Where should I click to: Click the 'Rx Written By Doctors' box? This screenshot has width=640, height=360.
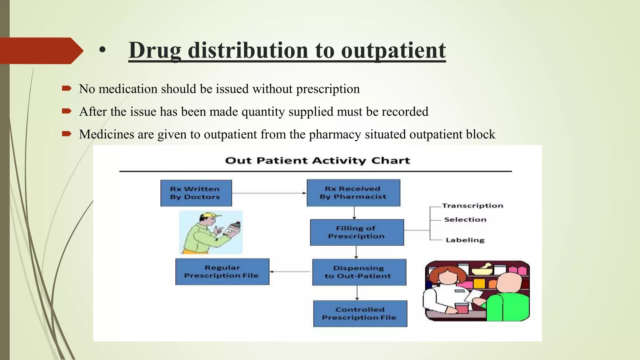196,193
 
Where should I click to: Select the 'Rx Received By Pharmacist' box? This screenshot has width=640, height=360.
353,192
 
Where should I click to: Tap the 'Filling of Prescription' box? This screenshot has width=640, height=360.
357,232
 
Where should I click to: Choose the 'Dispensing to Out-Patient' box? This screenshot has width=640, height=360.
359,272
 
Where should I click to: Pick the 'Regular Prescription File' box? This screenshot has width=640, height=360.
222,271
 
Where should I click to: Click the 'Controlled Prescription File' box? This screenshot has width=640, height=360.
360,313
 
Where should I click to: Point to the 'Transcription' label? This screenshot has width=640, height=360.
472,206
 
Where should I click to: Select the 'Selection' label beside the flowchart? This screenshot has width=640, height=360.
465,220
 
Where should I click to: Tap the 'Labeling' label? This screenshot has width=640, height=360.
465,240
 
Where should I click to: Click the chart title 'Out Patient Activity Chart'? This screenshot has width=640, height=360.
317,161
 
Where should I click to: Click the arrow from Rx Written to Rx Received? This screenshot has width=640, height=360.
269,193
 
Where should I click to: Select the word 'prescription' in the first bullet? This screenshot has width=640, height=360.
328,89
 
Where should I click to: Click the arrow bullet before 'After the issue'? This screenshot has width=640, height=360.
67,111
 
